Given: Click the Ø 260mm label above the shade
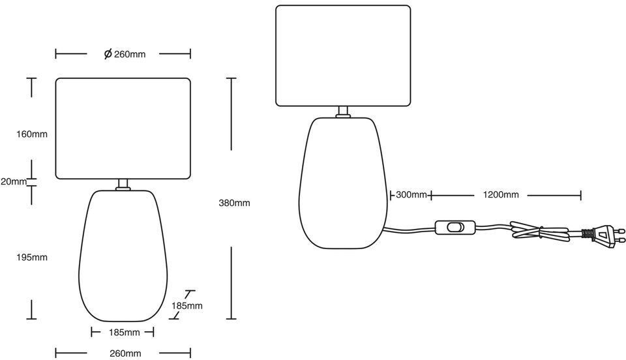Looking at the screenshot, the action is coord(125,54).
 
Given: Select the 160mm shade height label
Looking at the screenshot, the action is coord(32,134).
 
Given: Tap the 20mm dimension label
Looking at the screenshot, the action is coord(14,182).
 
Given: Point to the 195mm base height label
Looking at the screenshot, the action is coord(32,257).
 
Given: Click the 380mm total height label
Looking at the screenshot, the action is coord(234,203).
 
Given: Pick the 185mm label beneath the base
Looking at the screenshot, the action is coord(124,333).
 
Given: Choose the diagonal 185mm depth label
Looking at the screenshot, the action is coord(186,305).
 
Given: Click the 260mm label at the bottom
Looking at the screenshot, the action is coord(125,353).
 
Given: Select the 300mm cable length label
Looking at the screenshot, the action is coord(411,195).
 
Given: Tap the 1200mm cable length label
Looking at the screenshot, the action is coord(501,195).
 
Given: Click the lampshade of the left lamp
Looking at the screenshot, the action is coord(123,128).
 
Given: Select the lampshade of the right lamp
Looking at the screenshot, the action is coord(343,55).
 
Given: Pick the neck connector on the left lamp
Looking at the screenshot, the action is coord(123,185).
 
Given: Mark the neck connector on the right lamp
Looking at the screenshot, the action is coord(343,112).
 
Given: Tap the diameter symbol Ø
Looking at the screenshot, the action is coord(108,54).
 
